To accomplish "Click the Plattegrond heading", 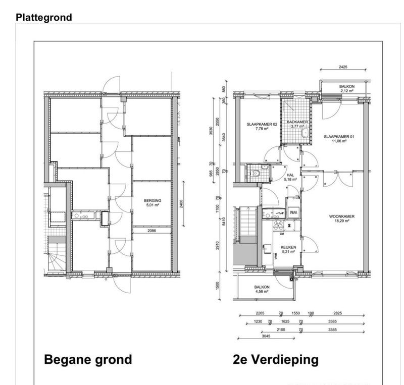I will [43, 18].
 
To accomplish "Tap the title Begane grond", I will [88, 360].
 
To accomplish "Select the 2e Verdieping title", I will [276, 360].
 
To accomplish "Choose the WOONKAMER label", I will [342, 216].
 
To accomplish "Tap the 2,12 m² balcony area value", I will [347, 91].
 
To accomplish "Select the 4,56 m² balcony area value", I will [263, 292].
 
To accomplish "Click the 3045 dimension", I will [267, 335].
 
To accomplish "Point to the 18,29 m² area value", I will [342, 221].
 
